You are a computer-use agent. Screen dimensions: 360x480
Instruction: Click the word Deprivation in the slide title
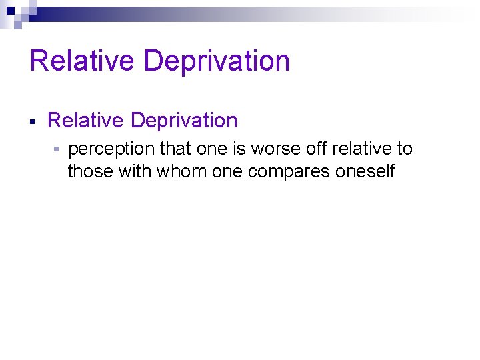pos(216,61)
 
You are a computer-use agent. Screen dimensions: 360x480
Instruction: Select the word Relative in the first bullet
pos(86,121)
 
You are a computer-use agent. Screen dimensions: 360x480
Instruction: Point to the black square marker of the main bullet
pos(33,122)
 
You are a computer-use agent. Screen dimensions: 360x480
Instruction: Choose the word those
pos(91,171)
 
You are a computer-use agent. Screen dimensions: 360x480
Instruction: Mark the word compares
pos(289,172)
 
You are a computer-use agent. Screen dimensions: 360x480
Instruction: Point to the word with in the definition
pos(135,171)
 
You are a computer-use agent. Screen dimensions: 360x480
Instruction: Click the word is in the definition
pos(239,149)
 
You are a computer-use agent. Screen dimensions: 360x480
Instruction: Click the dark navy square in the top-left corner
pos(10,10)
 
